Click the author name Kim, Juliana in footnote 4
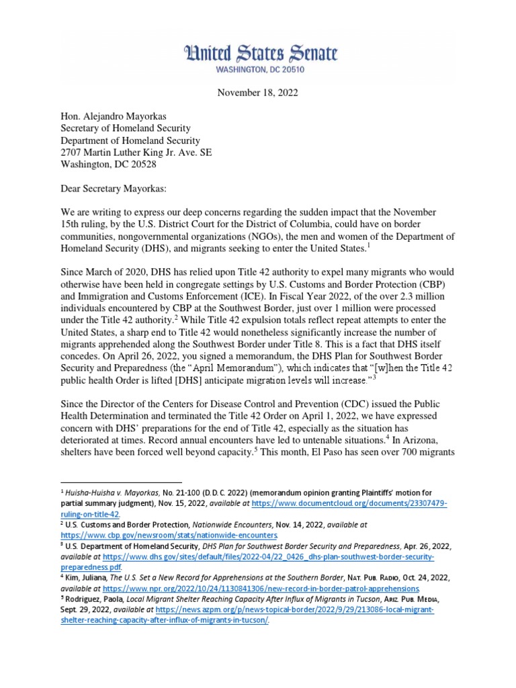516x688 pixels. click(x=84, y=576)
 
